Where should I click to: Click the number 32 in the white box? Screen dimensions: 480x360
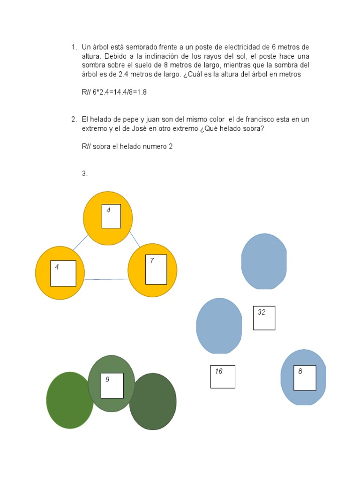pos(262,313)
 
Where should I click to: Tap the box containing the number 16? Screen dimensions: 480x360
pos(222,376)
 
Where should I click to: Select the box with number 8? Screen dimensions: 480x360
pos(305,378)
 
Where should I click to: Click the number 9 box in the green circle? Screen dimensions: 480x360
pos(112,385)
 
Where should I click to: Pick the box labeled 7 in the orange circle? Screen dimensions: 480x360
pos(156,270)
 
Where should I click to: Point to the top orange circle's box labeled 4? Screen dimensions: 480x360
pos(111,216)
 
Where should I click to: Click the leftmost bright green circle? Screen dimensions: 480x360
pos(70,400)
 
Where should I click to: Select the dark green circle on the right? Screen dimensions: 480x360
pos(153,402)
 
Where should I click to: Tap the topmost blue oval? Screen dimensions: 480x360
pos(264,261)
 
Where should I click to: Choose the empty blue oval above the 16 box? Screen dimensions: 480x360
pos(219,326)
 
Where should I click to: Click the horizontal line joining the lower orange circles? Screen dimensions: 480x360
pos(106,279)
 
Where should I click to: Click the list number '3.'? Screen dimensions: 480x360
pos(85,174)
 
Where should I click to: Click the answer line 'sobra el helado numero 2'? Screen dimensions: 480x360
pos(133,147)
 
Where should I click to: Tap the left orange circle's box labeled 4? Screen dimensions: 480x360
pos(63,273)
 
